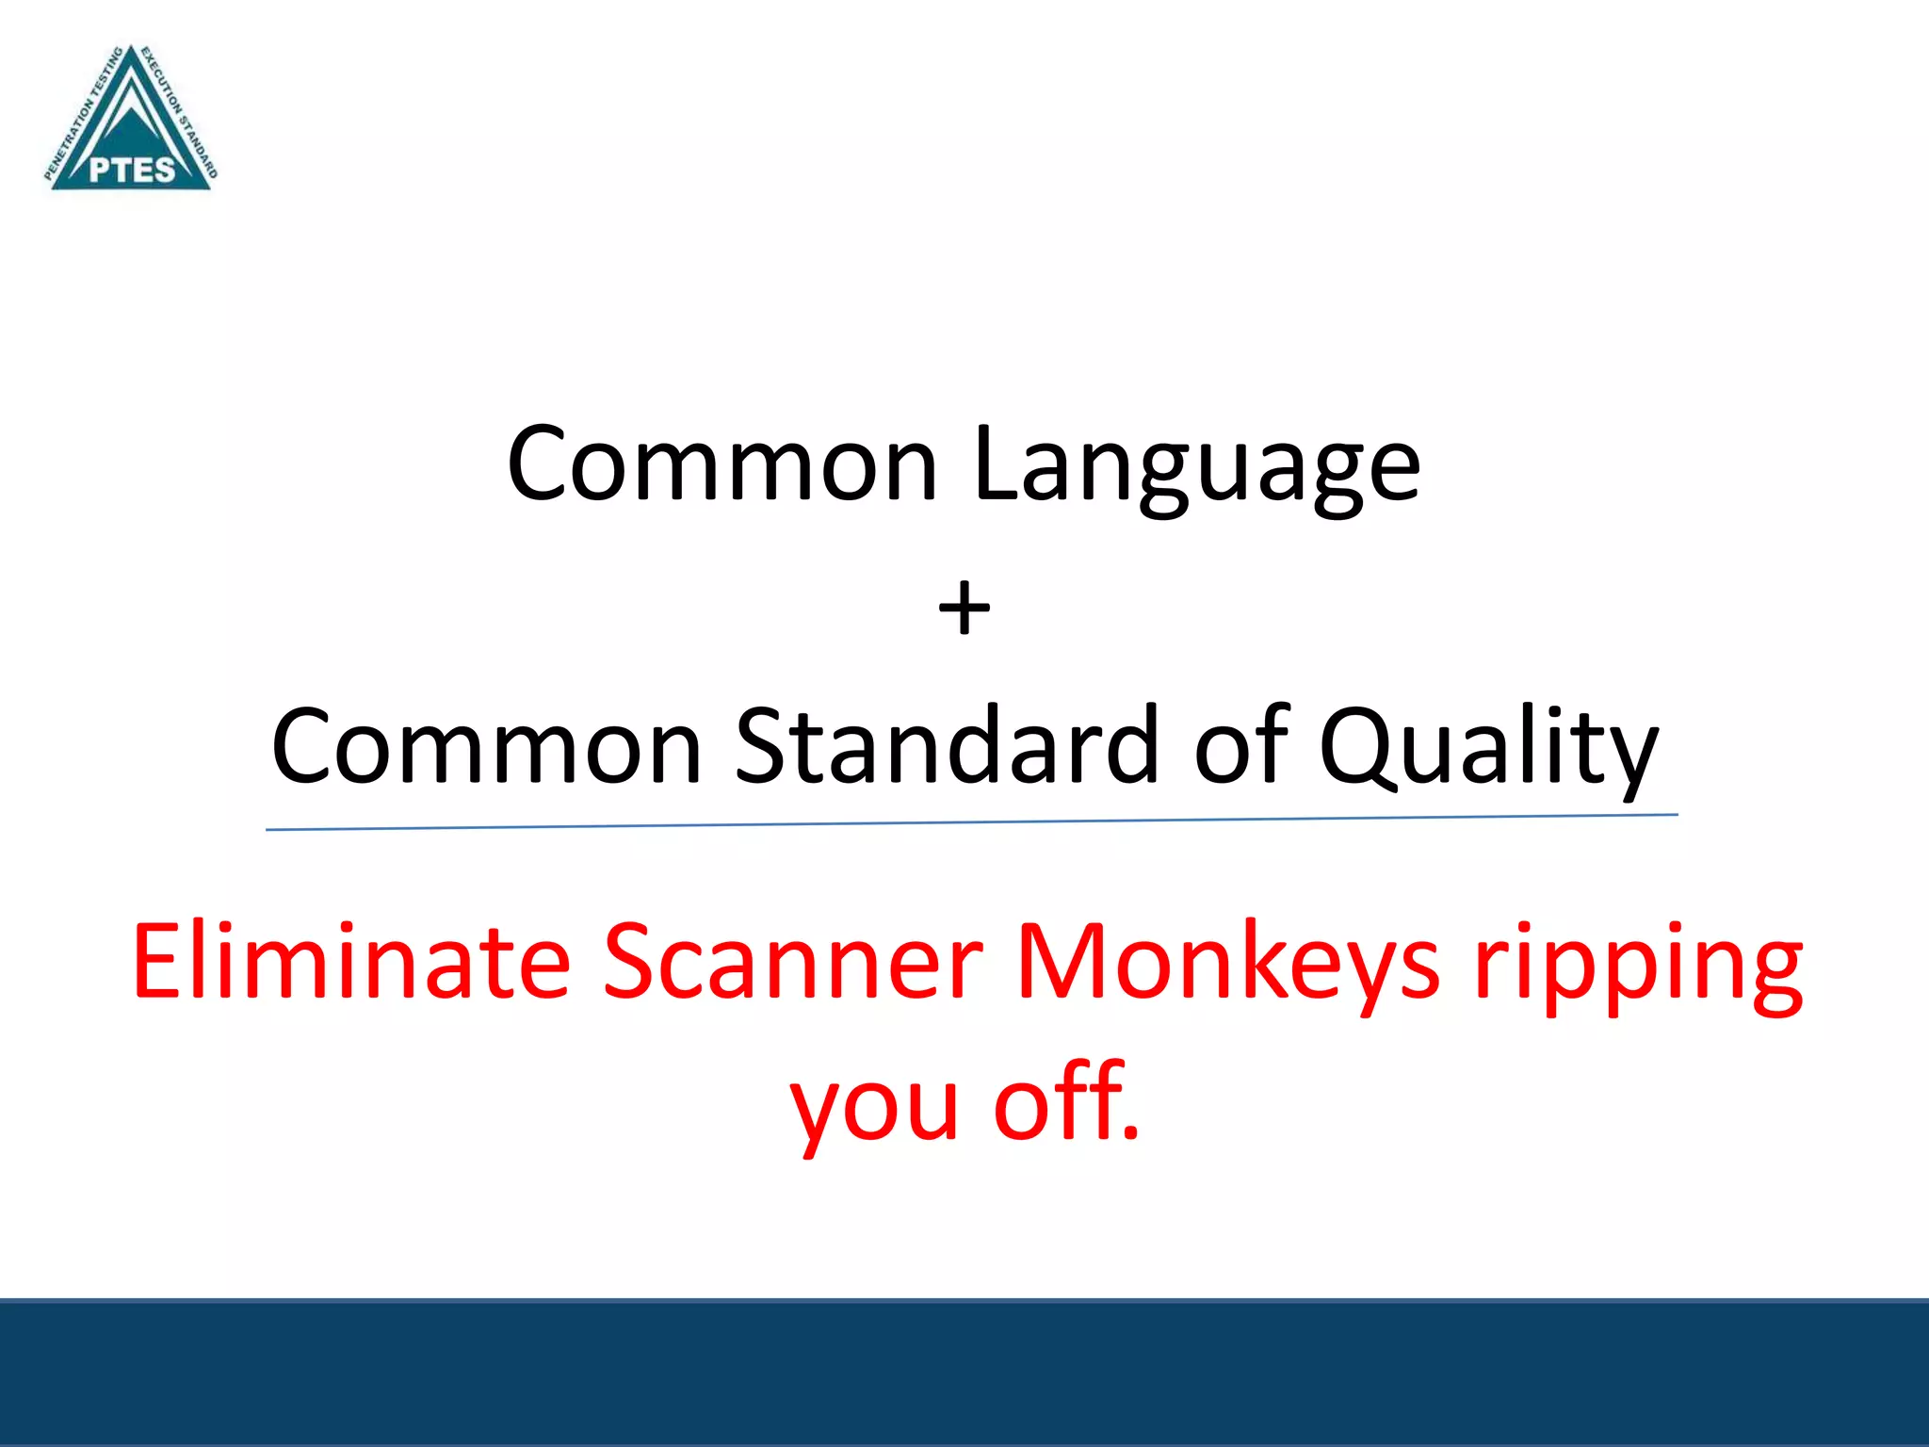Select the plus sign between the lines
964,609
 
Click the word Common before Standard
487,746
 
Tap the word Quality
1487,749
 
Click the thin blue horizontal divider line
970,822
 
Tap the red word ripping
1639,966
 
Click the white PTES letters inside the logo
132,170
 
